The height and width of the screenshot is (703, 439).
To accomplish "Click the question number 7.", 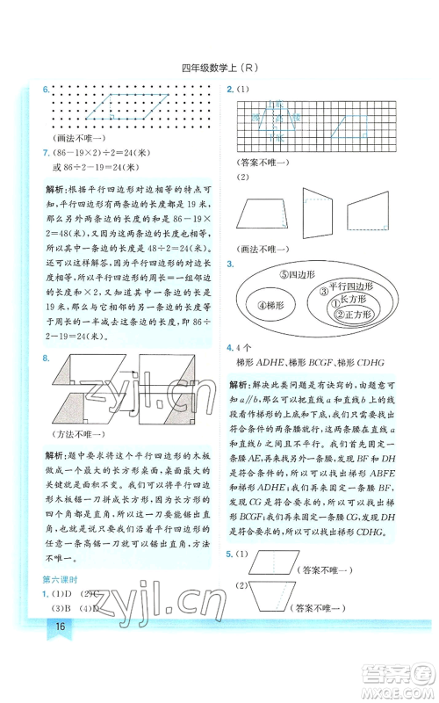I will [46, 154].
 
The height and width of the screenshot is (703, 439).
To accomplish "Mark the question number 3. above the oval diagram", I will [230, 263].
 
